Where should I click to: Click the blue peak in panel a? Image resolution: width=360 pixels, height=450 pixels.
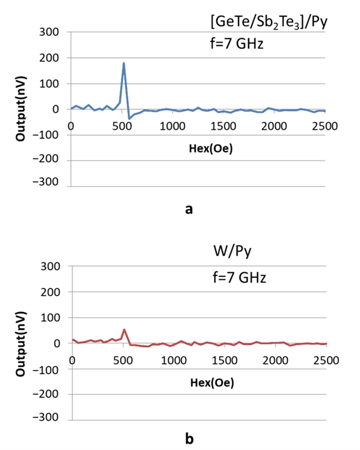click(123, 63)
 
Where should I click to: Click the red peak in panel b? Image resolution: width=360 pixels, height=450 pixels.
click(124, 330)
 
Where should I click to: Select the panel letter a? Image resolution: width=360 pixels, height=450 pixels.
click(189, 209)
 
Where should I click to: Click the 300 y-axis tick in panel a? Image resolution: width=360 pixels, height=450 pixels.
click(51, 33)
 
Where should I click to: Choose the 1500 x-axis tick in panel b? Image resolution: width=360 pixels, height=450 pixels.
click(225, 360)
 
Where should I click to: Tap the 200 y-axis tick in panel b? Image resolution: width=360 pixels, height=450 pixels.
click(51, 292)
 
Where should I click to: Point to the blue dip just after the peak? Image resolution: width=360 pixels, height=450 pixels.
click(129, 118)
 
